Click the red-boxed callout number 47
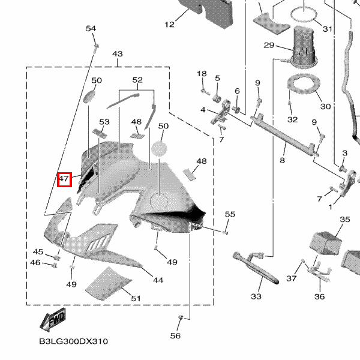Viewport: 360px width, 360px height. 64,179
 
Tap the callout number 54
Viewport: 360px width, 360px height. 91,29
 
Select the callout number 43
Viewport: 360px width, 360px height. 117,54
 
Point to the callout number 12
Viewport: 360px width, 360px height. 169,25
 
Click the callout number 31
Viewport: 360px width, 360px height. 327,29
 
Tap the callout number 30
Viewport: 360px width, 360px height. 325,107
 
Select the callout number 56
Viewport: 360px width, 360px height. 175,336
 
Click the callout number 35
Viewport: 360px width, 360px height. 344,220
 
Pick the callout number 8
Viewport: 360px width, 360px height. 282,161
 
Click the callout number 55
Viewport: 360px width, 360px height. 230,214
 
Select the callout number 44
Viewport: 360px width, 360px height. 158,280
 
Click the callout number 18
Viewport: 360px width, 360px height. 202,73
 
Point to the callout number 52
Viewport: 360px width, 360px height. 137,80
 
